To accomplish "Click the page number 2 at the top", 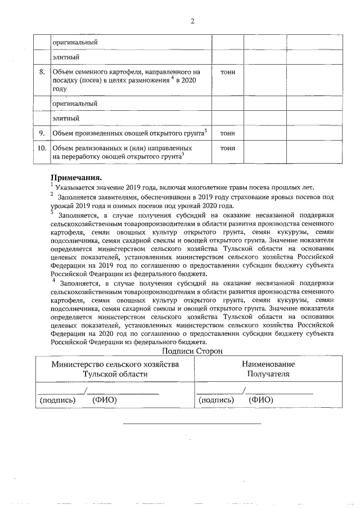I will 192,21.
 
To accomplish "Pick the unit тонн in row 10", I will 228,148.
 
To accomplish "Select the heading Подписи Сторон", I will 192,351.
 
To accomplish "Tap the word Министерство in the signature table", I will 78,364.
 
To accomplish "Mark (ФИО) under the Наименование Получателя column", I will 260,400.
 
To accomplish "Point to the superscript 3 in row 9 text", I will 206,130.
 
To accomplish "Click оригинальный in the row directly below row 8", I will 75,103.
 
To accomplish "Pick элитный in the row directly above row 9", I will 65,119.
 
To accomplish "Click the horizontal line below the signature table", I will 192,423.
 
